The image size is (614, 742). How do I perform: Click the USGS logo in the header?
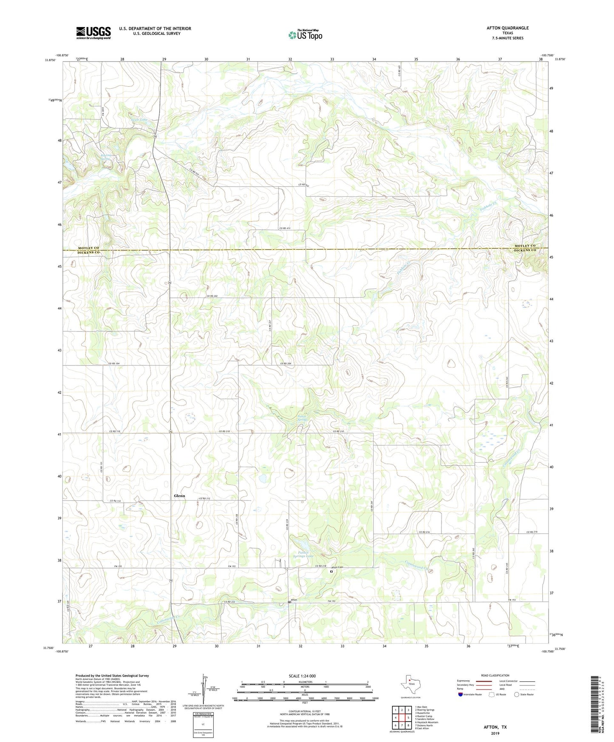[93, 33]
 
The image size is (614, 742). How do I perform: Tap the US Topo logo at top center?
[305, 35]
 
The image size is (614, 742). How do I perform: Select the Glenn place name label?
[179, 496]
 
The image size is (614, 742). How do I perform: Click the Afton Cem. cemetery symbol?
[332, 572]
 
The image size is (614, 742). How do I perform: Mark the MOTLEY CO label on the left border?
[88, 248]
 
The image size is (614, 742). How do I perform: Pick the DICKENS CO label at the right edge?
[525, 250]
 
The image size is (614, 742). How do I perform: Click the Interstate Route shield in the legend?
[460, 695]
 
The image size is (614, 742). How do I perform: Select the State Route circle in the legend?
[516, 695]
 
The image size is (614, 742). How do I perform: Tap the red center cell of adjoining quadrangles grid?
[402, 718]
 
